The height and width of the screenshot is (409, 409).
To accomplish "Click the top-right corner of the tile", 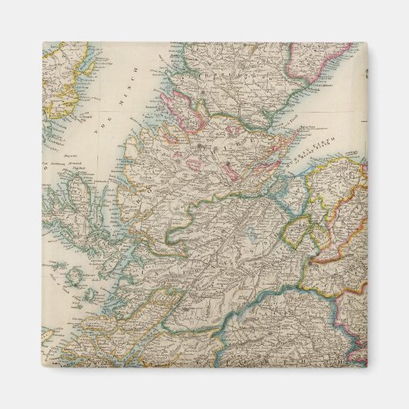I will (367, 42).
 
